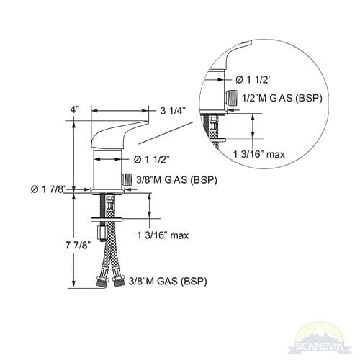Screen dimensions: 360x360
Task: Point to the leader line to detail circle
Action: pyautogui.click(x=168, y=132)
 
